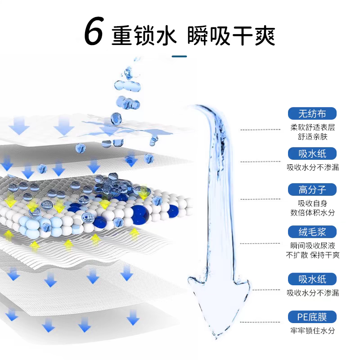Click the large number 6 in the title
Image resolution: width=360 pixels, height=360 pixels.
pos(94,32)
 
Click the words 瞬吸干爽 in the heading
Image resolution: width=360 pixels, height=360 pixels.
pos(229,34)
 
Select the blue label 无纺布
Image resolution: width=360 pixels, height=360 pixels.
pos(313,113)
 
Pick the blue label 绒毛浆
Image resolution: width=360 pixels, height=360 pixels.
pos(313,232)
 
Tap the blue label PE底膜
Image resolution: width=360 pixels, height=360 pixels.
pos(313,317)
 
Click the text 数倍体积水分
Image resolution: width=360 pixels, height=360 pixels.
pos(313,213)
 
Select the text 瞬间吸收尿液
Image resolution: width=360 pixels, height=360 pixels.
pos(313,246)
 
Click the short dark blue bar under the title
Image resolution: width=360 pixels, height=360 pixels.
pos(180,57)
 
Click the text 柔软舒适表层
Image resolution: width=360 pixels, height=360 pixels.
pos(313,127)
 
